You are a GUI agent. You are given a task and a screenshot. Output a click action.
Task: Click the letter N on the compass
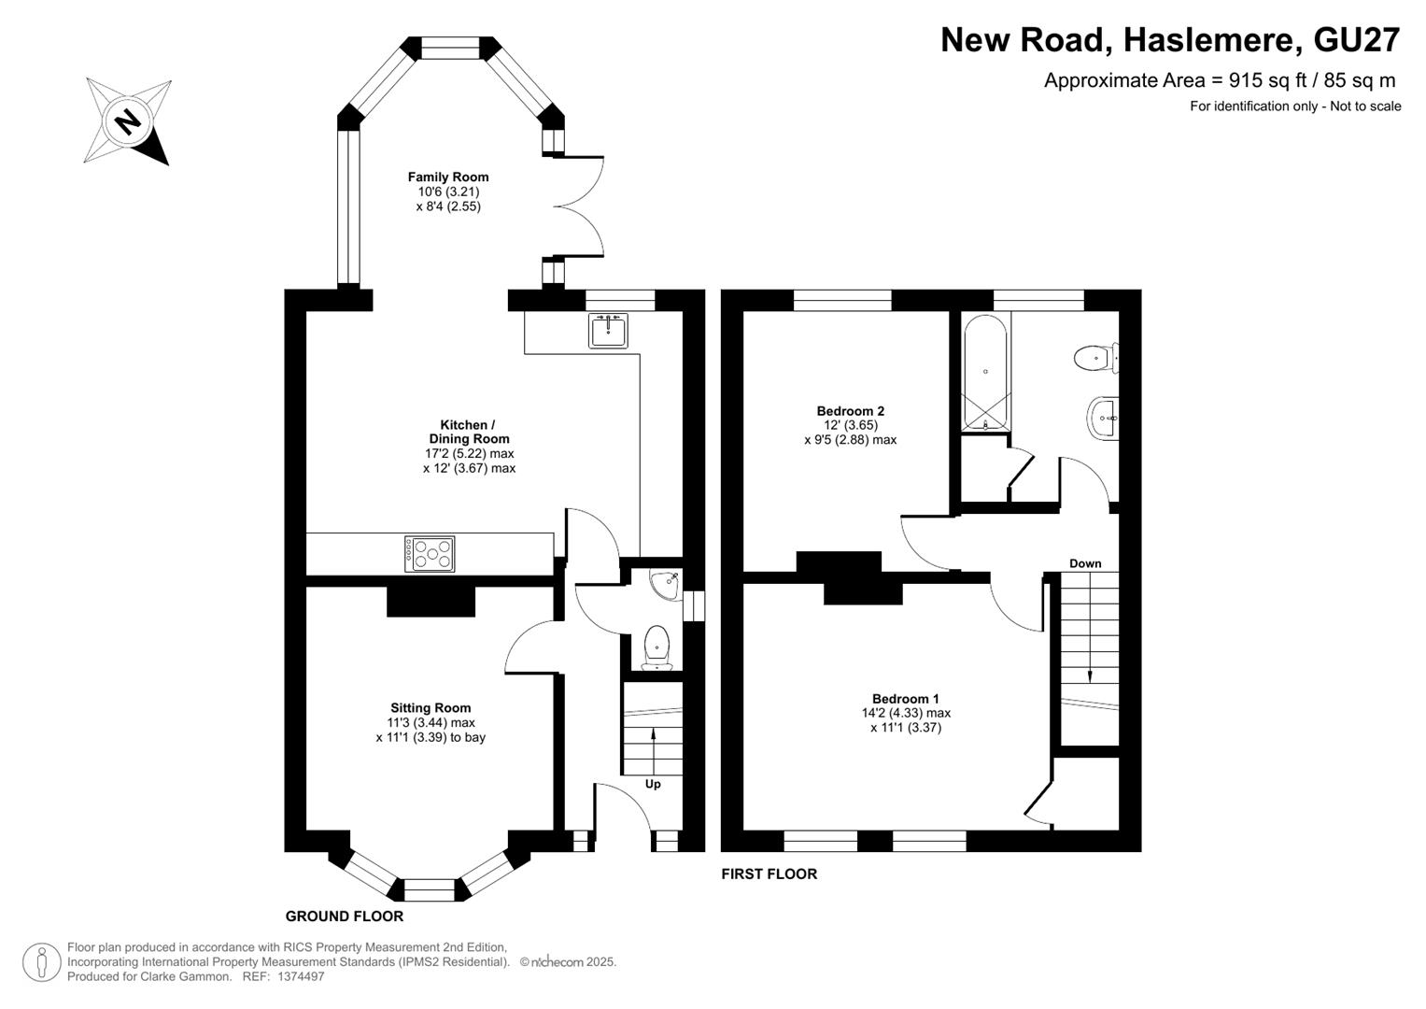[x=129, y=121]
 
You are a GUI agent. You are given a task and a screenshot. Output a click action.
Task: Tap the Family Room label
[x=448, y=178]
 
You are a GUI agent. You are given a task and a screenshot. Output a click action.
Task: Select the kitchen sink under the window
[x=608, y=331]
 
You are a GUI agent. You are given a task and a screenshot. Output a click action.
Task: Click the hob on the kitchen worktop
[x=430, y=553]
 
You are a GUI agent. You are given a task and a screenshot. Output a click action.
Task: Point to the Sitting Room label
[x=431, y=708]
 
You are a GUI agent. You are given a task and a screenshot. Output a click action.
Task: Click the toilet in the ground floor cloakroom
[x=657, y=647]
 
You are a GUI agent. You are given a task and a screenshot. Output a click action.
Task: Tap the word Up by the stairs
[x=653, y=784]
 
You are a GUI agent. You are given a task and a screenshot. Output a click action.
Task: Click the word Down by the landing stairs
[x=1085, y=563]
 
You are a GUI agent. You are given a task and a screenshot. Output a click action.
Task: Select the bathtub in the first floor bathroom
[x=985, y=373]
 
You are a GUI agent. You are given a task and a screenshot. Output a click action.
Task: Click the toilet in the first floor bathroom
[x=1096, y=359]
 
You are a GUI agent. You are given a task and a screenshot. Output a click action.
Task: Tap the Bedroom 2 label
[x=851, y=411]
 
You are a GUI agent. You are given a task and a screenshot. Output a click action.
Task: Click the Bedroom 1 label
[x=905, y=699]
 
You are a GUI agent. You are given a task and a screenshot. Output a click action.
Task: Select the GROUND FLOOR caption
[x=345, y=916]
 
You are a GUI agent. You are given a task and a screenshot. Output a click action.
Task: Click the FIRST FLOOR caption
[x=769, y=874]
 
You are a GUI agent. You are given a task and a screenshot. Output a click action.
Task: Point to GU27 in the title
[x=1356, y=40]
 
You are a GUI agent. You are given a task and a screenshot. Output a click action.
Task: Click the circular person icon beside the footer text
[x=42, y=962]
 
